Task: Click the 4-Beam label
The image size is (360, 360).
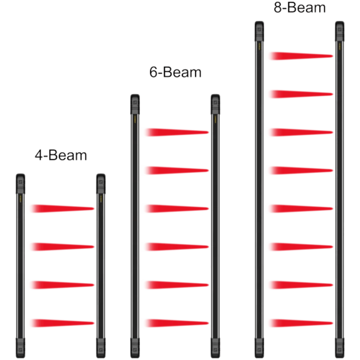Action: [61, 155]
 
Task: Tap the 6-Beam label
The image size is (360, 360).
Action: [175, 72]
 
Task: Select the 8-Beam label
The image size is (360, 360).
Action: [300, 7]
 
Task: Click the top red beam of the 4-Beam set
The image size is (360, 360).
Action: [63, 208]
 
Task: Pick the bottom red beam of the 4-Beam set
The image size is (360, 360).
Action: [63, 323]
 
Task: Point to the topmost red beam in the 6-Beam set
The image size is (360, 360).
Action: [177, 132]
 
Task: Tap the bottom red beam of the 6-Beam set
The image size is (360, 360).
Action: [177, 323]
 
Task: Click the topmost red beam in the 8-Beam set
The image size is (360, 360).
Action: [301, 56]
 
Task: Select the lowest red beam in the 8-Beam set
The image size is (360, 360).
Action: [301, 323]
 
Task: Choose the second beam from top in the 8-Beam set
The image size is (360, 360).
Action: [301, 94]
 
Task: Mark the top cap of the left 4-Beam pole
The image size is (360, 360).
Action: [20, 184]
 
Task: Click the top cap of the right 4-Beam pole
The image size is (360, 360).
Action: [101, 184]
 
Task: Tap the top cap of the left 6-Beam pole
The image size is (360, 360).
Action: [135, 104]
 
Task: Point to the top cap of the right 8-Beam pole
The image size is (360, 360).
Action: [340, 31]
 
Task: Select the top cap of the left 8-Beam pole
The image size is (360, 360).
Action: [259, 31]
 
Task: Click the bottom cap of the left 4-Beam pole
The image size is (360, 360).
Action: [20, 348]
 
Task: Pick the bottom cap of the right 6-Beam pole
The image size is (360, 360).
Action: [216, 348]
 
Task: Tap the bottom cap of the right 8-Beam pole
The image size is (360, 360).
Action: [340, 348]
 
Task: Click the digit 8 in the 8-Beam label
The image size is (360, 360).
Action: [278, 7]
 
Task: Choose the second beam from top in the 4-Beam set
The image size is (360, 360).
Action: [63, 246]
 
